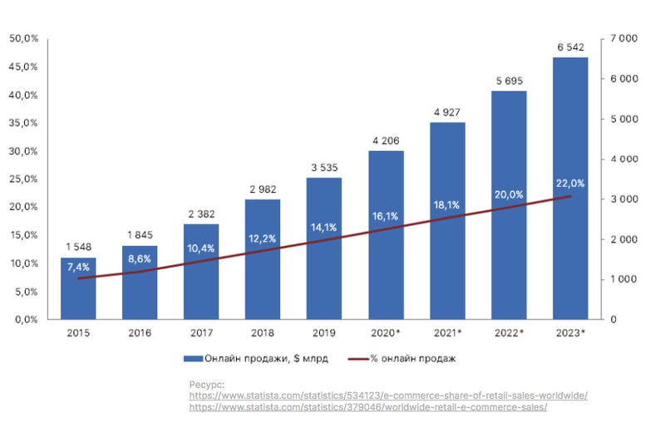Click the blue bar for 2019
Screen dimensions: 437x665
(324, 248)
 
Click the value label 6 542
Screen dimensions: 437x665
(570, 47)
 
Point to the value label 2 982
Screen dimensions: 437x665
(263, 189)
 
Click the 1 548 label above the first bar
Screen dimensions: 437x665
(78, 248)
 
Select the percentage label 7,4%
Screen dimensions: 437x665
(78, 267)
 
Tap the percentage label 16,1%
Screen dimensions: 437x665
(386, 216)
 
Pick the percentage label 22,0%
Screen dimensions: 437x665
(570, 184)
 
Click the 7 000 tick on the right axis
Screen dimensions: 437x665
(623, 38)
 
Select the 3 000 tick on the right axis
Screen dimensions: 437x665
(623, 199)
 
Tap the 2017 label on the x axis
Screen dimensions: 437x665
(201, 333)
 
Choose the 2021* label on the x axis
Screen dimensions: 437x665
(447, 333)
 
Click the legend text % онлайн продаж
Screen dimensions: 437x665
(412, 359)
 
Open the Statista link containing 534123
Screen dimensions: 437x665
(388, 395)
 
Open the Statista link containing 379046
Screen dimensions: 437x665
(367, 407)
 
